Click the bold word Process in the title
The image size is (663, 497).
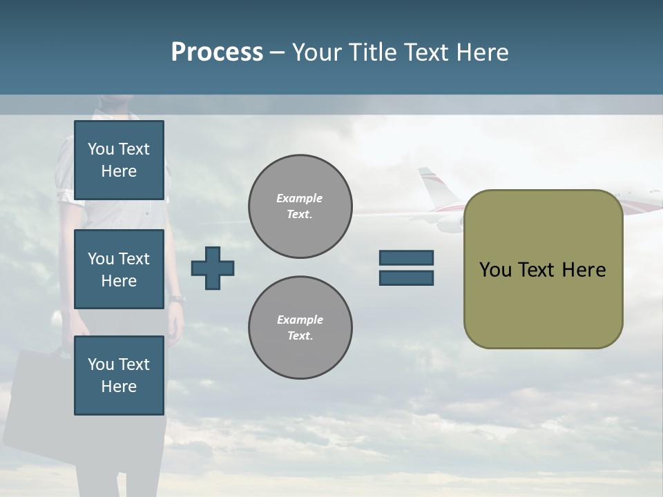click(217, 52)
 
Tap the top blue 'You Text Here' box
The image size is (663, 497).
click(119, 160)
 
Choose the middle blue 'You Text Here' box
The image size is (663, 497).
click(119, 269)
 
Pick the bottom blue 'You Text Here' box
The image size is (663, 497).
click(119, 376)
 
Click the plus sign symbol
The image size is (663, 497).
click(213, 268)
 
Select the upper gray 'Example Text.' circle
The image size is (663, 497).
click(300, 206)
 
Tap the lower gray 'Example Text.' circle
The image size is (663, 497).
click(300, 327)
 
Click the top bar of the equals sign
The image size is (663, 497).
click(406, 258)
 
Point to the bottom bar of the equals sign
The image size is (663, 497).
click(406, 278)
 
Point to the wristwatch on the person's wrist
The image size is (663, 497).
click(177, 299)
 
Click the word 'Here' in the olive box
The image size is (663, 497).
click(584, 270)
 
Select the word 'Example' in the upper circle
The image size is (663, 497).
click(300, 198)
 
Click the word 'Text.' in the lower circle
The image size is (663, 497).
click(300, 335)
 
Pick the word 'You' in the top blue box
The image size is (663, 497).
click(101, 149)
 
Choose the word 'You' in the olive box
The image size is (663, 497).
click(495, 270)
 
